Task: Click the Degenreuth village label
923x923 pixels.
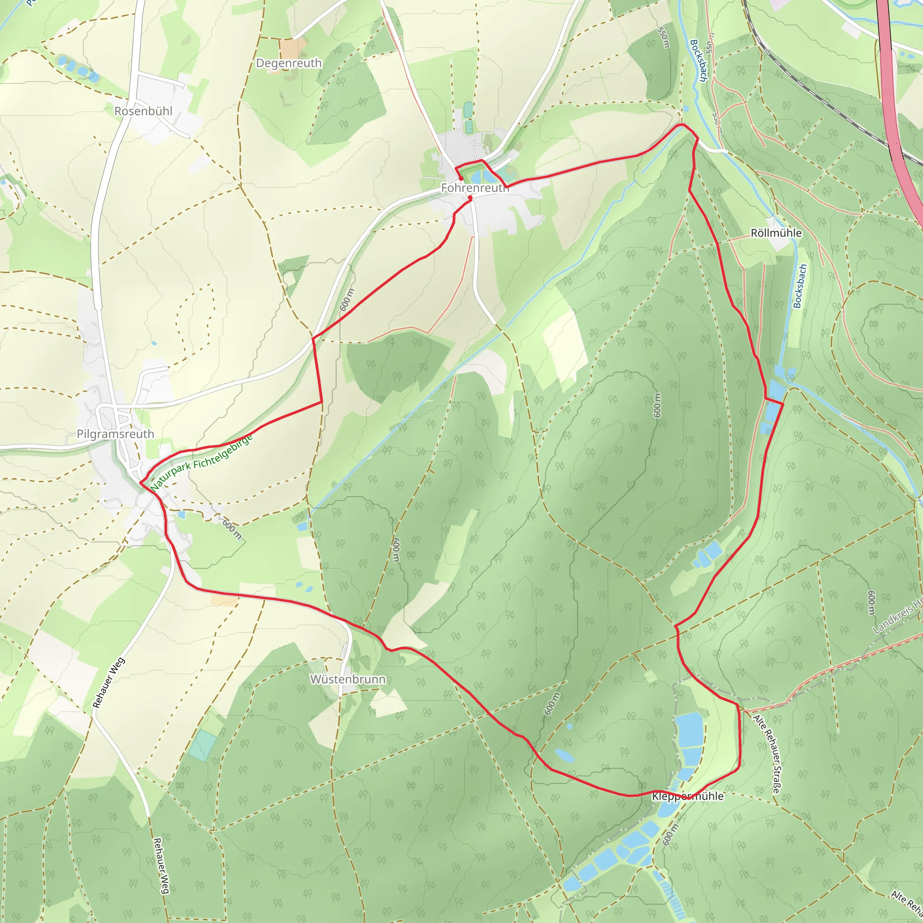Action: [288, 63]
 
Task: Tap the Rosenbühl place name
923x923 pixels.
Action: [143, 111]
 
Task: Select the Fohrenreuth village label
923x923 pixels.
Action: [475, 188]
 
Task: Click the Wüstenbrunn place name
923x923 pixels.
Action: [347, 679]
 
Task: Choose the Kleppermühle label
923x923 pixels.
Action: [687, 796]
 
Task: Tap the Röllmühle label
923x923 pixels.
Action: [776, 233]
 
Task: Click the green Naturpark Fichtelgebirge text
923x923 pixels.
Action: [201, 463]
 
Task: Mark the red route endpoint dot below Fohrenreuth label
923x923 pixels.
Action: [470, 198]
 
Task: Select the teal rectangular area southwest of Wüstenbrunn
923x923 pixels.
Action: [201, 745]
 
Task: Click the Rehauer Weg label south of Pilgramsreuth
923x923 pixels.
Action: [109, 683]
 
